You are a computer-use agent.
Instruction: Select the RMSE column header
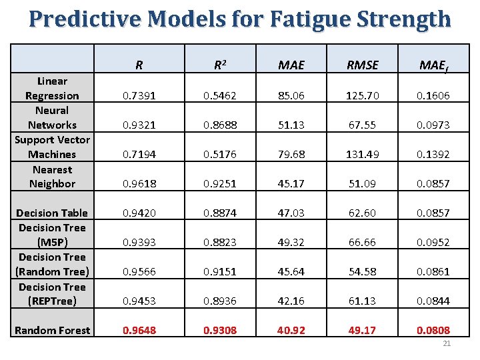tap(363, 65)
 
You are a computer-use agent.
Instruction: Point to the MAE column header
tap(291, 65)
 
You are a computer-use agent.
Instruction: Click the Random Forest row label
tap(52, 330)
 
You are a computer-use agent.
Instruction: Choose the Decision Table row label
tap(52, 213)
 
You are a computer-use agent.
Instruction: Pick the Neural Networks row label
tap(52, 117)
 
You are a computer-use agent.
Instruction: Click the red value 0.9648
tap(139, 330)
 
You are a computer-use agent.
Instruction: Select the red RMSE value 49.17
tap(363, 330)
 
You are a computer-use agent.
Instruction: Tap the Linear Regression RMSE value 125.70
tap(363, 95)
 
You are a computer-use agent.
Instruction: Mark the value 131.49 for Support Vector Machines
tap(363, 154)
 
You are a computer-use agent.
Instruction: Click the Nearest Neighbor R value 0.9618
tap(139, 183)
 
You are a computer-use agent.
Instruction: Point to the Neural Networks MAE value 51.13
tap(291, 125)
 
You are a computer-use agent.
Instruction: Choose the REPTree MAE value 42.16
tap(291, 301)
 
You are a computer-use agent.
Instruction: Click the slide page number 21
tap(447, 344)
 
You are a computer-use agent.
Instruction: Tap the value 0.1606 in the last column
tap(433, 95)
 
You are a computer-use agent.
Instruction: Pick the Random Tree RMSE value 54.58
tap(363, 271)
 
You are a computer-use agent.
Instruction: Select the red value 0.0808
tap(433, 330)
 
